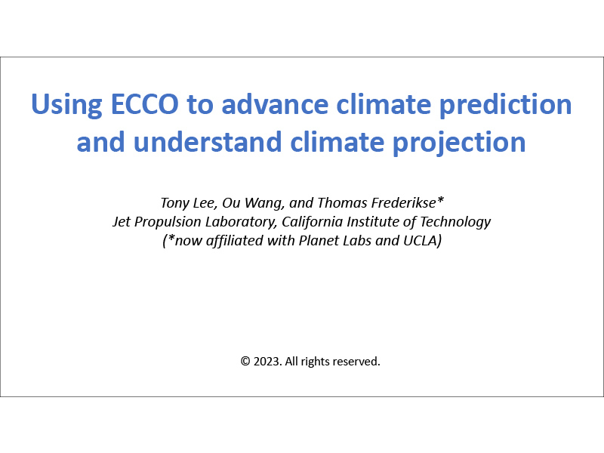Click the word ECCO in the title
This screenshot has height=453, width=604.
pyautogui.click(x=143, y=104)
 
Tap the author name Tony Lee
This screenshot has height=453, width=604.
pyautogui.click(x=185, y=203)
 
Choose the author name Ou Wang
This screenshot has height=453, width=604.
pyautogui.click(x=244, y=203)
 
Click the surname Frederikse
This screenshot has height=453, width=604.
pyautogui.click(x=397, y=203)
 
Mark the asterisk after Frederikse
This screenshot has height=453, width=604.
pyautogui.click(x=440, y=201)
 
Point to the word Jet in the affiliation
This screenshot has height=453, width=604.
pyautogui.click(x=122, y=222)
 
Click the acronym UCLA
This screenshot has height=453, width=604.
pyautogui.click(x=422, y=242)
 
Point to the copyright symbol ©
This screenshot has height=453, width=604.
pyautogui.click(x=245, y=362)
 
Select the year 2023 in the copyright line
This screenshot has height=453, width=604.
pyautogui.click(x=266, y=362)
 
